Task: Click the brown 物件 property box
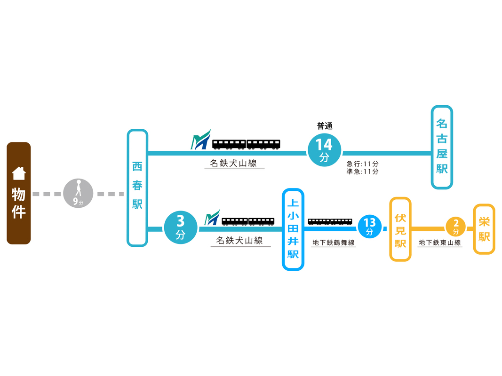[19, 193]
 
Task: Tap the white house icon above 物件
[19, 173]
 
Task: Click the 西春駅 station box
[137, 188]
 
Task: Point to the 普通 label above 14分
[324, 126]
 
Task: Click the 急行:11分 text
[362, 164]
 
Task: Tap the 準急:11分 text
[362, 172]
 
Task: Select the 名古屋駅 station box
[442, 147]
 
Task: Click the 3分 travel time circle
[181, 229]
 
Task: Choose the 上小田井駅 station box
[293, 229]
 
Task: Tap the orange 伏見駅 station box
[400, 229]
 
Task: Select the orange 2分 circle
[455, 227]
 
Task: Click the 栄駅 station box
[484, 229]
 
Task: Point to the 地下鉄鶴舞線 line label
[334, 243]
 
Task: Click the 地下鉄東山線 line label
[440, 243]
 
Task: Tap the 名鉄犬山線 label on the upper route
[234, 164]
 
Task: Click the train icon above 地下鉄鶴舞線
[330, 221]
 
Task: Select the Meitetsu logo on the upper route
[201, 140]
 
